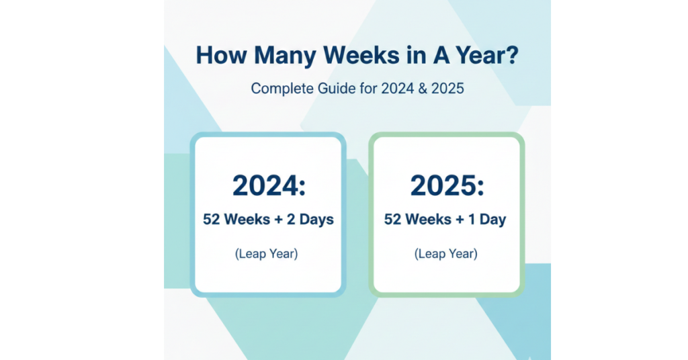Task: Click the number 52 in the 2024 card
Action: click(x=212, y=220)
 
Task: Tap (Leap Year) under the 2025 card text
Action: click(x=445, y=254)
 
